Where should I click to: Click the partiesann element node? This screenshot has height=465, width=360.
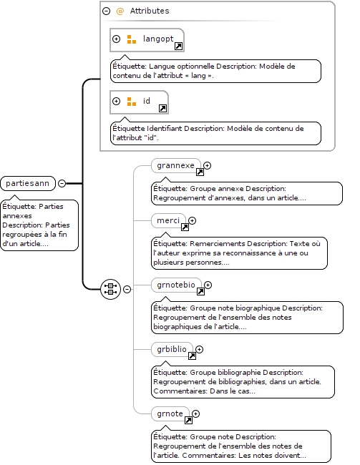coord(28,183)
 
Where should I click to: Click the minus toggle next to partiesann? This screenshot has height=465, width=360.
coord(62,183)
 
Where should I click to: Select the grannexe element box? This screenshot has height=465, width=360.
coord(175,165)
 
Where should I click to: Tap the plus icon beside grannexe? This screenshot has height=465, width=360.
coord(207,165)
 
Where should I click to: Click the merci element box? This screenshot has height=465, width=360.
coord(168,220)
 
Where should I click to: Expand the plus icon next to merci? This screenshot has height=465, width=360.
coord(193,220)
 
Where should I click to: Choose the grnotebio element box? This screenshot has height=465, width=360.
coord(176,285)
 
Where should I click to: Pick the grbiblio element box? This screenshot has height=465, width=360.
coord(172,349)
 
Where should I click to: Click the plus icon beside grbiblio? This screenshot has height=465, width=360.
coord(199,349)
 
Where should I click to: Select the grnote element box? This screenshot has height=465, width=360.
coord(170,413)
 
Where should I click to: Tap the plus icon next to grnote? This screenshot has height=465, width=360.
coord(195,413)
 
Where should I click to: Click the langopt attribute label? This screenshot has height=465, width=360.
coord(158,39)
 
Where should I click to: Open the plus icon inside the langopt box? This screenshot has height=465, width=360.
coord(117,39)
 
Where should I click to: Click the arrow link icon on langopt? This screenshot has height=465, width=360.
coord(178,46)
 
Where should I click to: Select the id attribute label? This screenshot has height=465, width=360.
coord(147,101)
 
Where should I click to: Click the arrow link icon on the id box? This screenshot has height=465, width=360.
coord(162,109)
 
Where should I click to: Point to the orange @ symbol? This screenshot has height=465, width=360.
coord(120,11)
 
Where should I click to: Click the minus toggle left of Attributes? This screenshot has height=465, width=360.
coord(106,11)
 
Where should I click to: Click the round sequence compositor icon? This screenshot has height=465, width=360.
coord(111,289)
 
